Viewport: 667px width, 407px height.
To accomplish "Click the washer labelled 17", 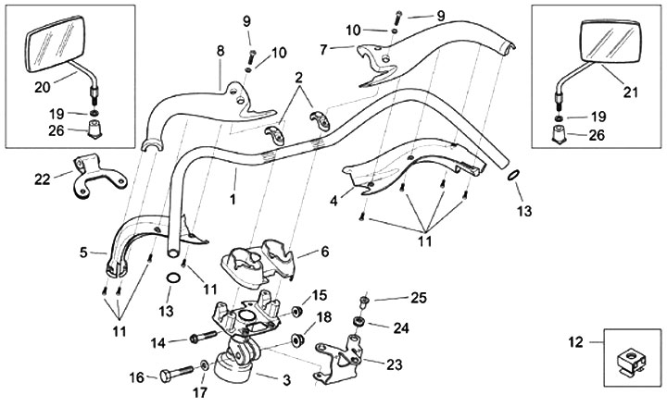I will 203,370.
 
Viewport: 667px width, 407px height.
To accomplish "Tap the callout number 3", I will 285,380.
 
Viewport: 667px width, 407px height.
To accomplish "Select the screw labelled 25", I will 367,300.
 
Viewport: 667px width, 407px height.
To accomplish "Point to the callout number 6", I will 324,251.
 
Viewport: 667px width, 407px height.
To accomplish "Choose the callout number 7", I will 323,48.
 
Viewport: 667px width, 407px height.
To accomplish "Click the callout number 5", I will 84,251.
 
